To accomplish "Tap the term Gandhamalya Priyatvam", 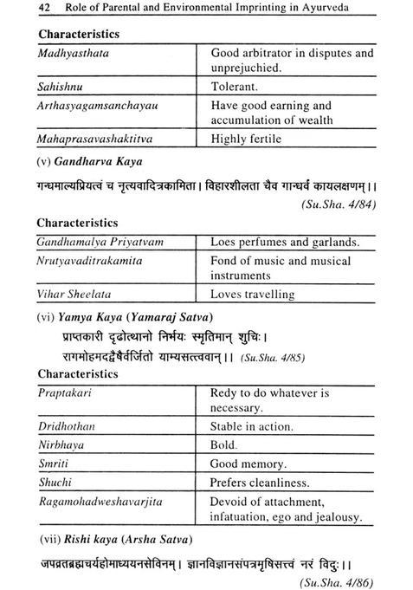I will (98, 242).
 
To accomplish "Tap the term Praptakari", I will (64, 392).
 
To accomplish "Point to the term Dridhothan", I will (68, 427).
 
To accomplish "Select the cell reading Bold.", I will (223, 444).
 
